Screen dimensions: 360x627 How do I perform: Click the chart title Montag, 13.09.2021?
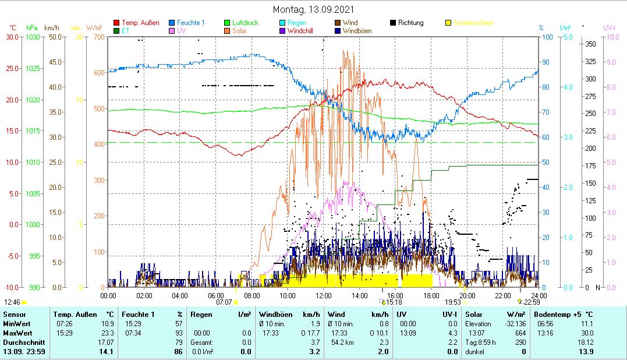tap(313, 10)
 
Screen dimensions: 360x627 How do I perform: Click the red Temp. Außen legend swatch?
tap(116, 23)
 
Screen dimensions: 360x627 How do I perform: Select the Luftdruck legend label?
tap(246, 23)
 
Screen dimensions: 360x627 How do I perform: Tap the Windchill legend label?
tap(300, 31)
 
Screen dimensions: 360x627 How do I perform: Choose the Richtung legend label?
tap(411, 23)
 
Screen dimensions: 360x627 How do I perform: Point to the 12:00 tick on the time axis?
tap(323, 295)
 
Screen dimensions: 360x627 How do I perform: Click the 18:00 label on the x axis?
tap(431, 295)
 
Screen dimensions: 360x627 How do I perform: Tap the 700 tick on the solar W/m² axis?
tap(98, 37)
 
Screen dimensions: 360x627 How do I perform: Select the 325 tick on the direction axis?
tap(590, 61)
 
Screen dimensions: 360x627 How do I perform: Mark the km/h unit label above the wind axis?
tap(51, 27)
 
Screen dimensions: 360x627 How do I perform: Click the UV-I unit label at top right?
tap(610, 27)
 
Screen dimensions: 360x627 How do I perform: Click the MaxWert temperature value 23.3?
tap(108, 333)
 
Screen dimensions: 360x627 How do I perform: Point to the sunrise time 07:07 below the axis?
tap(224, 302)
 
